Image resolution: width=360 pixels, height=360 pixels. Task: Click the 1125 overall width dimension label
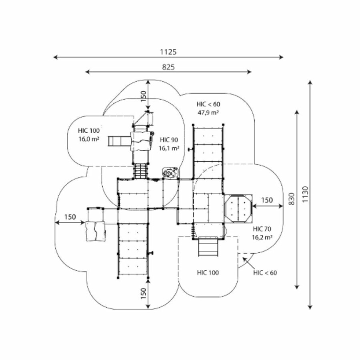(168, 52)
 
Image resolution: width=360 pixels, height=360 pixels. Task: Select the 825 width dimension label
(168, 67)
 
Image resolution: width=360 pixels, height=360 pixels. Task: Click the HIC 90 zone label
(169, 140)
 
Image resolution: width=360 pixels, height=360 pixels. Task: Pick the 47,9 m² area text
(208, 113)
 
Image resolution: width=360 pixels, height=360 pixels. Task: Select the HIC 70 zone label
(262, 229)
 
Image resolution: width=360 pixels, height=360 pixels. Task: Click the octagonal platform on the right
(238, 208)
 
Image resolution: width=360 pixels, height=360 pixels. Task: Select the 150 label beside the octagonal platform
(267, 200)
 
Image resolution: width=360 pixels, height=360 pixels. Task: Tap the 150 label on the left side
(70, 217)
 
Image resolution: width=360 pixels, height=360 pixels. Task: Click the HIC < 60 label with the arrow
(265, 273)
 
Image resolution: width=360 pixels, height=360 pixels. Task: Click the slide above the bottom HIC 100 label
(208, 247)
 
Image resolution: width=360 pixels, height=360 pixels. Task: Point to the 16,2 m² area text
(262, 237)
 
